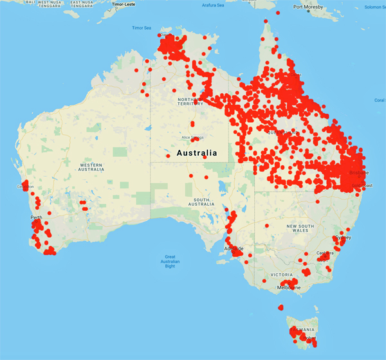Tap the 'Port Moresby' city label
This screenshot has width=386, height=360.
click(x=307, y=7)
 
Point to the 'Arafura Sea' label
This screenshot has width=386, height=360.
click(x=214, y=5)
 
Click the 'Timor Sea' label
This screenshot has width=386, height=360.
click(x=141, y=28)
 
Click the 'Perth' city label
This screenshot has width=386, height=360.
click(x=36, y=217)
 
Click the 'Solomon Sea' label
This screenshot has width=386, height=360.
click(x=373, y=7)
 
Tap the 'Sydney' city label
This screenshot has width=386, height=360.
click(x=343, y=237)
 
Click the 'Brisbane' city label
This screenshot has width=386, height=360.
click(x=358, y=173)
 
